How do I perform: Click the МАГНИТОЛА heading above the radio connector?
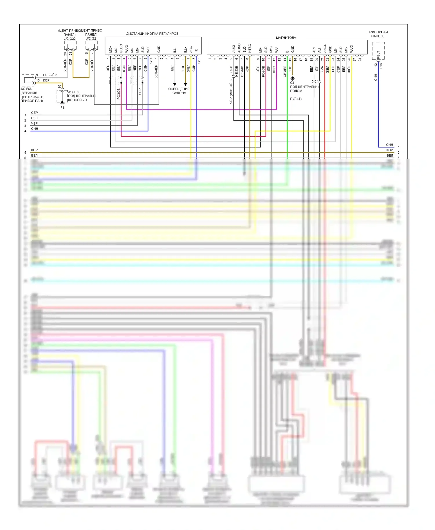(286, 38)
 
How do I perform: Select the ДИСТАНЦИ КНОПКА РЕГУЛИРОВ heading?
(152, 34)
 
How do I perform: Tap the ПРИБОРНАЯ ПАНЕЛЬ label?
(378, 34)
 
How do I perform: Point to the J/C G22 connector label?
(70, 39)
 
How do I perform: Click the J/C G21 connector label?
(92, 39)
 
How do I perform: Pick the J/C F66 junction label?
(26, 89)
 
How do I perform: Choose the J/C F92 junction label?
(74, 92)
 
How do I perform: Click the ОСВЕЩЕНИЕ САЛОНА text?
(179, 91)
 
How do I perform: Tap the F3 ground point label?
(62, 108)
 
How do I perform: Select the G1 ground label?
(292, 83)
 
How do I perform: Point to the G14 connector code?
(151, 61)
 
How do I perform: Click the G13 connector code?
(199, 61)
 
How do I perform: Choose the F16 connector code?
(381, 66)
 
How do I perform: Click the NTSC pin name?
(250, 48)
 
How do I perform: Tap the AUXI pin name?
(234, 49)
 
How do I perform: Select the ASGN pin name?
(325, 48)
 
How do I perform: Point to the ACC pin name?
(191, 49)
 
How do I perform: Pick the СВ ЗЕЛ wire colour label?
(285, 71)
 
